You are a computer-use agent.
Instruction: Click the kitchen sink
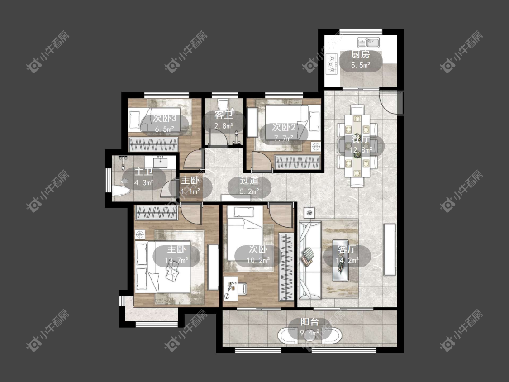click(369, 42)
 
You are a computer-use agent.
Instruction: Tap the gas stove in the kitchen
click(332, 63)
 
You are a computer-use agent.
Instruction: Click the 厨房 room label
click(361, 54)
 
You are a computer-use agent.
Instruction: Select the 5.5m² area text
click(361, 65)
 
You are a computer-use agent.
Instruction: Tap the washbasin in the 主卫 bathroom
click(160, 161)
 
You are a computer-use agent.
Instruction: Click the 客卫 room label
click(224, 115)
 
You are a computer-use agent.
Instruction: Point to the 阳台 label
click(309, 322)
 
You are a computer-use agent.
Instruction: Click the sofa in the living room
click(309, 259)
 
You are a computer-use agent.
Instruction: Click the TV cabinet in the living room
click(390, 249)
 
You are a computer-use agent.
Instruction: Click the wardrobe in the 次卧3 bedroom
click(153, 144)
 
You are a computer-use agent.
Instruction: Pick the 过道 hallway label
click(249, 181)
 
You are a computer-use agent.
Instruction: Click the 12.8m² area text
click(361, 150)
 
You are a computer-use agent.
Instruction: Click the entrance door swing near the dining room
click(389, 102)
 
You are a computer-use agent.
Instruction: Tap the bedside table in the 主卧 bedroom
click(140, 234)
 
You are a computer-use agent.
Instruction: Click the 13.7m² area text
click(176, 260)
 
